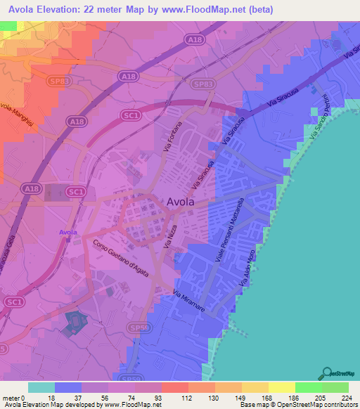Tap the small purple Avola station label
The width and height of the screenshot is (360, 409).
(x=68, y=232)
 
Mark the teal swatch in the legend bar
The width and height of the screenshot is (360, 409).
(x=41, y=387)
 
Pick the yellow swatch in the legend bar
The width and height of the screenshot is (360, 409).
(x=281, y=387)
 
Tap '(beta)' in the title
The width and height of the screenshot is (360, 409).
(x=258, y=10)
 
